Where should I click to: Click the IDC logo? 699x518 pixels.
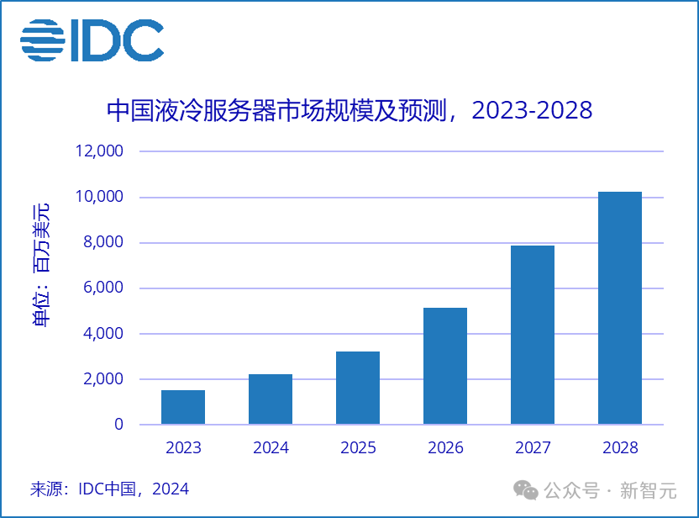point(92,40)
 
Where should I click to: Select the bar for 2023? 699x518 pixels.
point(183,407)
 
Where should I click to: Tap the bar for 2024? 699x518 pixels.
point(271,399)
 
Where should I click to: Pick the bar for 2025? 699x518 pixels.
point(358,388)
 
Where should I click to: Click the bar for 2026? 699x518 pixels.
point(445,366)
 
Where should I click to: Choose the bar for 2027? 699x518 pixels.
point(533,335)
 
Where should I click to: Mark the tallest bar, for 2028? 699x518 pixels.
point(620,308)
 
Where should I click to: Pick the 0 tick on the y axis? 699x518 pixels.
point(118,425)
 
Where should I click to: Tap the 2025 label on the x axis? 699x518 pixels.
point(358,448)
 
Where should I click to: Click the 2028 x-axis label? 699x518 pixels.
point(620,448)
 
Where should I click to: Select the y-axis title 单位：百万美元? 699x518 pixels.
point(41,265)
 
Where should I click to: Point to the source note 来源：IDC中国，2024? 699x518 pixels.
point(109,489)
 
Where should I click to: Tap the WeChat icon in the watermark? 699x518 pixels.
point(527,489)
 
